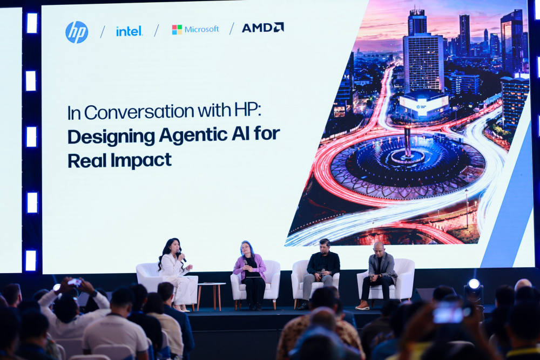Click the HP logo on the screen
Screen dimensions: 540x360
coord(77,32)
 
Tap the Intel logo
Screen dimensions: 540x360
coord(129,31)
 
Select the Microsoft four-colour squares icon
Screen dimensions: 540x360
coord(177,30)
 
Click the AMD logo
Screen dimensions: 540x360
coord(263,28)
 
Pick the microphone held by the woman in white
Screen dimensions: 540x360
coord(181,256)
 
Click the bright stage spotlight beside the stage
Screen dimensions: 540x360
coord(474,284)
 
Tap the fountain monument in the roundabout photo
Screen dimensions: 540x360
coord(407,144)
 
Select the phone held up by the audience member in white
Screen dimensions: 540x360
coord(75,282)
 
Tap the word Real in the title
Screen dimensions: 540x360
coord(87,160)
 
